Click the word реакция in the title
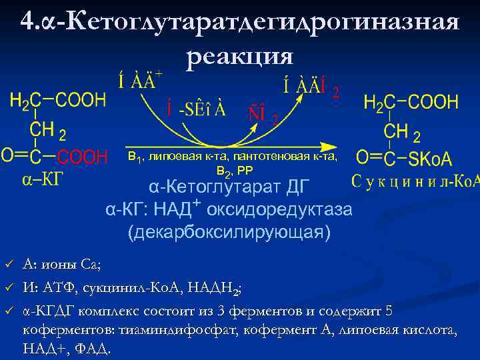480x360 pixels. (x=240, y=57)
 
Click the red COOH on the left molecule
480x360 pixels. (x=82, y=157)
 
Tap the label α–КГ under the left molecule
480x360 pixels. (x=40, y=180)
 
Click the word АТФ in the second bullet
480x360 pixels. (x=58, y=288)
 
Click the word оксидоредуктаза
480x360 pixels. (x=279, y=211)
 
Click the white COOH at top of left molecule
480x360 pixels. (x=81, y=101)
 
